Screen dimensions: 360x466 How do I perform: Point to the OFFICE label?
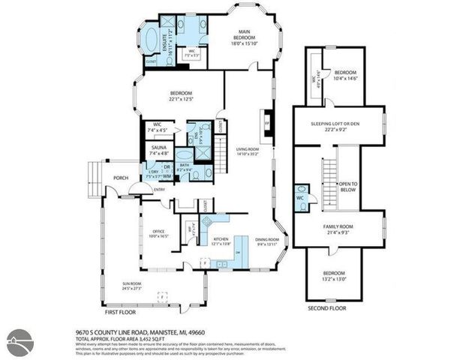[x=158, y=231]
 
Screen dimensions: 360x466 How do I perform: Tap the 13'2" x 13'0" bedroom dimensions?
[x=334, y=278]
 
